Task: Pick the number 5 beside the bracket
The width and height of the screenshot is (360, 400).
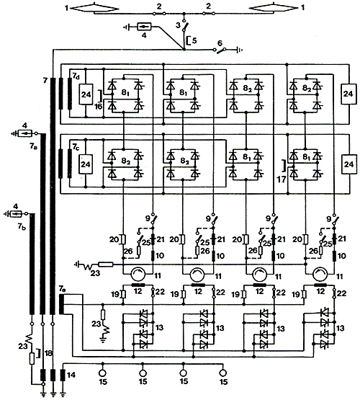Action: point(194,40)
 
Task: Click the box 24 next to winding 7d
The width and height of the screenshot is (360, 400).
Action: point(86,94)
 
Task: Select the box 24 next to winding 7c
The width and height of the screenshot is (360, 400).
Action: point(86,164)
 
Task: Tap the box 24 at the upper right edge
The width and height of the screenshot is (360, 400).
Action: point(348,94)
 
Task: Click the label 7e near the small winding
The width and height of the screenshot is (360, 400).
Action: point(63,289)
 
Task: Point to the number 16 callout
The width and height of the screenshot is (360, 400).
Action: point(98,107)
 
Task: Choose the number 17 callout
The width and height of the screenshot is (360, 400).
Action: point(282,179)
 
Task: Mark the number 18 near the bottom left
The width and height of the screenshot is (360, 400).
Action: point(48,353)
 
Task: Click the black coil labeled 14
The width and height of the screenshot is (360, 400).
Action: point(63,375)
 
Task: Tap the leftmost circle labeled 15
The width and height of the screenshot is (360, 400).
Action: point(103,373)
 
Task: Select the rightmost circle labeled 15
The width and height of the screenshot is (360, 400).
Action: point(223,373)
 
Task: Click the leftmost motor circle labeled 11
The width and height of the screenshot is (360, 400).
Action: point(138,275)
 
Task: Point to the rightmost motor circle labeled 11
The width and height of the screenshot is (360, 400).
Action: point(320,275)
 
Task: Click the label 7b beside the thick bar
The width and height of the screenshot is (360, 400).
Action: point(22,227)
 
